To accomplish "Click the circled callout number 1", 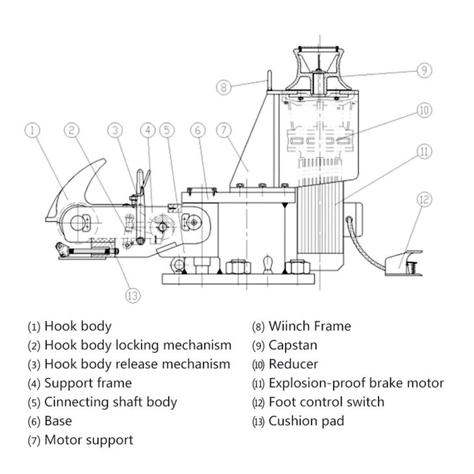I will [x=34, y=130].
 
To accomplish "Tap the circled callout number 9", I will [x=423, y=70].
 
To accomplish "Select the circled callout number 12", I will [x=423, y=199].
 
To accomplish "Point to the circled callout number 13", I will [x=132, y=295].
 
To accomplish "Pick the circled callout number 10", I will [x=423, y=111].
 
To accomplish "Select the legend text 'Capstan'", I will [x=293, y=345].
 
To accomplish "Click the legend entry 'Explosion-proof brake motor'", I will [x=356, y=383].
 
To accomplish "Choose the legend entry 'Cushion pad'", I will [x=306, y=421].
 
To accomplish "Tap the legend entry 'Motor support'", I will [x=88, y=440].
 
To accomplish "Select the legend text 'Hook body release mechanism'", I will [x=137, y=364].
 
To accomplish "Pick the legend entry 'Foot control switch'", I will [x=326, y=402].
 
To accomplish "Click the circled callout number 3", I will [x=115, y=130].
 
